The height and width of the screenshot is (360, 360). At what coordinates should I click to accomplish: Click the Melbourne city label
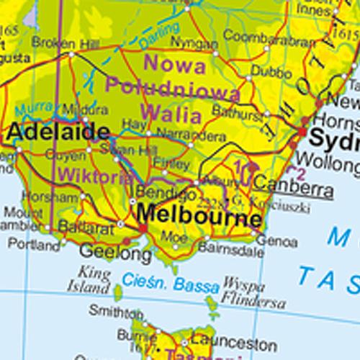199,215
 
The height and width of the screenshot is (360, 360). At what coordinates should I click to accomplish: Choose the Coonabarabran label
262,36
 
